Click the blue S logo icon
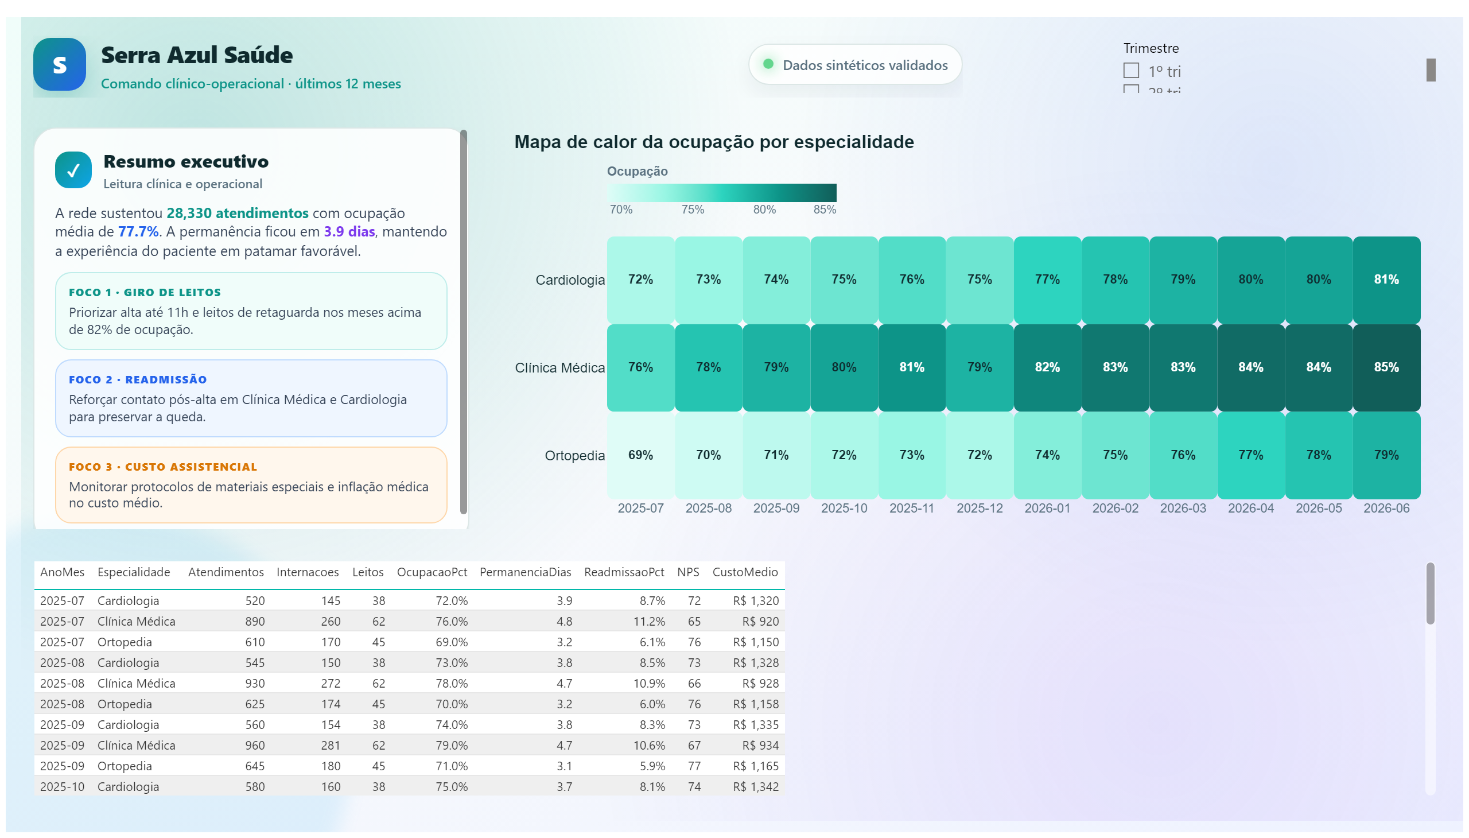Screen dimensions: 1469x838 [x=59, y=64]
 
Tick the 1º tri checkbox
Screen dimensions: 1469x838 [x=1130, y=71]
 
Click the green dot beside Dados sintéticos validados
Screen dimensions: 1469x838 [x=768, y=64]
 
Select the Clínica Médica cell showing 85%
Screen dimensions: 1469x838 [x=1386, y=367]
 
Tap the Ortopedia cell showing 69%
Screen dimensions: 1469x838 [x=640, y=455]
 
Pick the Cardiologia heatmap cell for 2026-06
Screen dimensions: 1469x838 [x=1386, y=280]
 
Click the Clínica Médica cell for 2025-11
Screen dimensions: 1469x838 [x=911, y=367]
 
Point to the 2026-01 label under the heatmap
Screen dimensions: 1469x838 [x=1047, y=508]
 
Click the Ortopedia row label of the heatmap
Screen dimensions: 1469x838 [x=574, y=456]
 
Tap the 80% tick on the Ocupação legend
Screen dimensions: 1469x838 [x=764, y=209]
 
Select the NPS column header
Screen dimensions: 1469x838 [x=687, y=572]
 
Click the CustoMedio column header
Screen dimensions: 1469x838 [x=745, y=572]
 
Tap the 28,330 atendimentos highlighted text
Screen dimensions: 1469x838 [x=237, y=214]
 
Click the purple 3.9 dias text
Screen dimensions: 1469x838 [x=349, y=232]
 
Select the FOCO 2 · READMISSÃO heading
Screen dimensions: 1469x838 [x=138, y=380]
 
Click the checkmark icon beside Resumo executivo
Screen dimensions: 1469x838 [x=73, y=170]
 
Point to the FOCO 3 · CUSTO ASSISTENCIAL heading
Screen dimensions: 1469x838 [x=163, y=467]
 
